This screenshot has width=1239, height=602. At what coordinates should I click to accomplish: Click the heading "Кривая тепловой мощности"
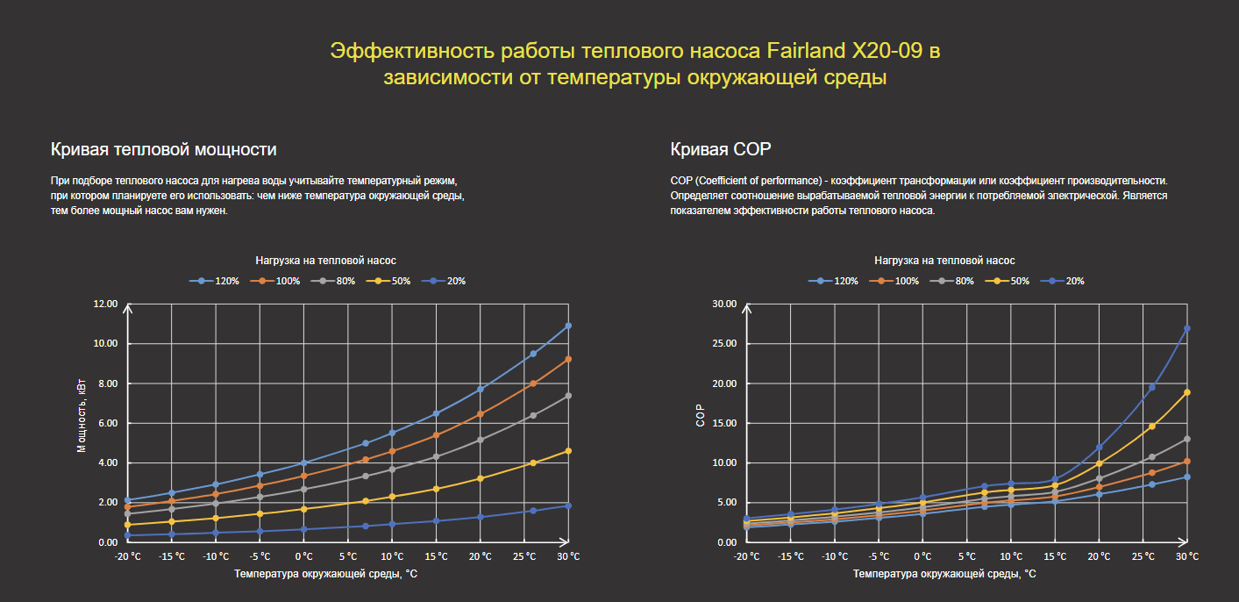(164, 149)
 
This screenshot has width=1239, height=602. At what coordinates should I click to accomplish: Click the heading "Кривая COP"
(720, 149)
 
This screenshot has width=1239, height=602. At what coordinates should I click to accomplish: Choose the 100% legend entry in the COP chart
(898, 281)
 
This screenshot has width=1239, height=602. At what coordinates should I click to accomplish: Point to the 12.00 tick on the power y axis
(105, 304)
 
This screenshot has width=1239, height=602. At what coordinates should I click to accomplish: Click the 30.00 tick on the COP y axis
(724, 304)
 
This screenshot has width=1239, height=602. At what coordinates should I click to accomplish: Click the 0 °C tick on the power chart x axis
(303, 556)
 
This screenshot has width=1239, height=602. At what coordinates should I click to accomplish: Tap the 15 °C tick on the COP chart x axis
(1055, 556)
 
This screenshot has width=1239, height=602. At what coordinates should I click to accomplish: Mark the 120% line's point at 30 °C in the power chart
(568, 326)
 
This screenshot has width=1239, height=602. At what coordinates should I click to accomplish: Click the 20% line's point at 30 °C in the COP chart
(1187, 328)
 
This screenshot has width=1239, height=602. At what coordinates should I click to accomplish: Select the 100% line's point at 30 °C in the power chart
(568, 359)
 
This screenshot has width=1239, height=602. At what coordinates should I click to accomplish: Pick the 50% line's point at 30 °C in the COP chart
(1187, 392)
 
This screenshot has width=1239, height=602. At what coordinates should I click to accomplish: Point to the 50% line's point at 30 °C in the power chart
(568, 451)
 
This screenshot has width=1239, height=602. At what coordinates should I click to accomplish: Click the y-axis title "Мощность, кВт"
(82, 417)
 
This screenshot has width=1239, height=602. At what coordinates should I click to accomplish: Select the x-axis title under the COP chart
(944, 574)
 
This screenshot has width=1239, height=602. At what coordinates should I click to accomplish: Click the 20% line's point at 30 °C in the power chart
(568, 505)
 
